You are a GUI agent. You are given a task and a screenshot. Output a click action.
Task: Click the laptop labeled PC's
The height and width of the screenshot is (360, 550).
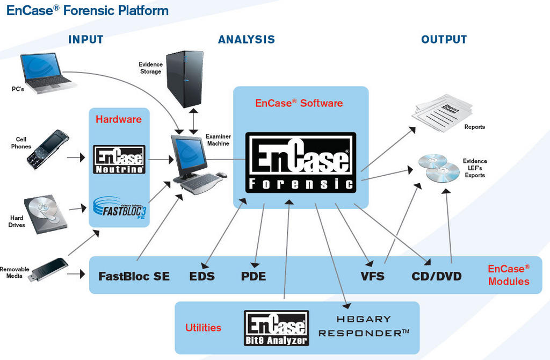tap(46, 72)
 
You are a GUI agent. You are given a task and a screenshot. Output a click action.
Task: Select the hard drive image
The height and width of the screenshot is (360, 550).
tap(45, 214)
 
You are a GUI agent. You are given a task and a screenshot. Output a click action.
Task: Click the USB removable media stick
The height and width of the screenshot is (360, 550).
tap(49, 269)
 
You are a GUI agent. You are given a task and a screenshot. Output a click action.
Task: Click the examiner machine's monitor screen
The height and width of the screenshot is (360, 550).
tap(188, 153)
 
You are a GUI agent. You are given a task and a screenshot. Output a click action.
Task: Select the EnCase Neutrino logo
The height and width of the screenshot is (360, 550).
tap(119, 160)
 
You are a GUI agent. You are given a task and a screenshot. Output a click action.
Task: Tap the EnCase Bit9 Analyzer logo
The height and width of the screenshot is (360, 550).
tap(276, 327)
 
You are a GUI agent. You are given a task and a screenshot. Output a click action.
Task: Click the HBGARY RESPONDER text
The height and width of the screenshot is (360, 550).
tap(364, 326)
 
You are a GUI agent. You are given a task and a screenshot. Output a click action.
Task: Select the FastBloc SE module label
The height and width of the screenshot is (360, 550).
tap(134, 276)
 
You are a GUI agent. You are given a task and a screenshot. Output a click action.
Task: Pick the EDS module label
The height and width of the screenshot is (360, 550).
tap(202, 276)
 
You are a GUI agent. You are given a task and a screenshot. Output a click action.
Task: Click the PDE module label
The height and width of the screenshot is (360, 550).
tap(254, 276)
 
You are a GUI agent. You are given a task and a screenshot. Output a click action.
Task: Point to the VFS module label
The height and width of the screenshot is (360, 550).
tap(373, 276)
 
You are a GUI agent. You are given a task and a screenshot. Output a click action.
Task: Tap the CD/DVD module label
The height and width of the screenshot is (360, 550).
tap(437, 276)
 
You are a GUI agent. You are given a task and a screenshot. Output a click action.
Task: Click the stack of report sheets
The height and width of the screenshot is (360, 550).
tap(442, 112)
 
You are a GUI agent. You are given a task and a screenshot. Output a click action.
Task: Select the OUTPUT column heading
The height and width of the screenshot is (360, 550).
tap(444, 39)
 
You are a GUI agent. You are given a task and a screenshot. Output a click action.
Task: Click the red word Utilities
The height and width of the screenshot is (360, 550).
tap(203, 327)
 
